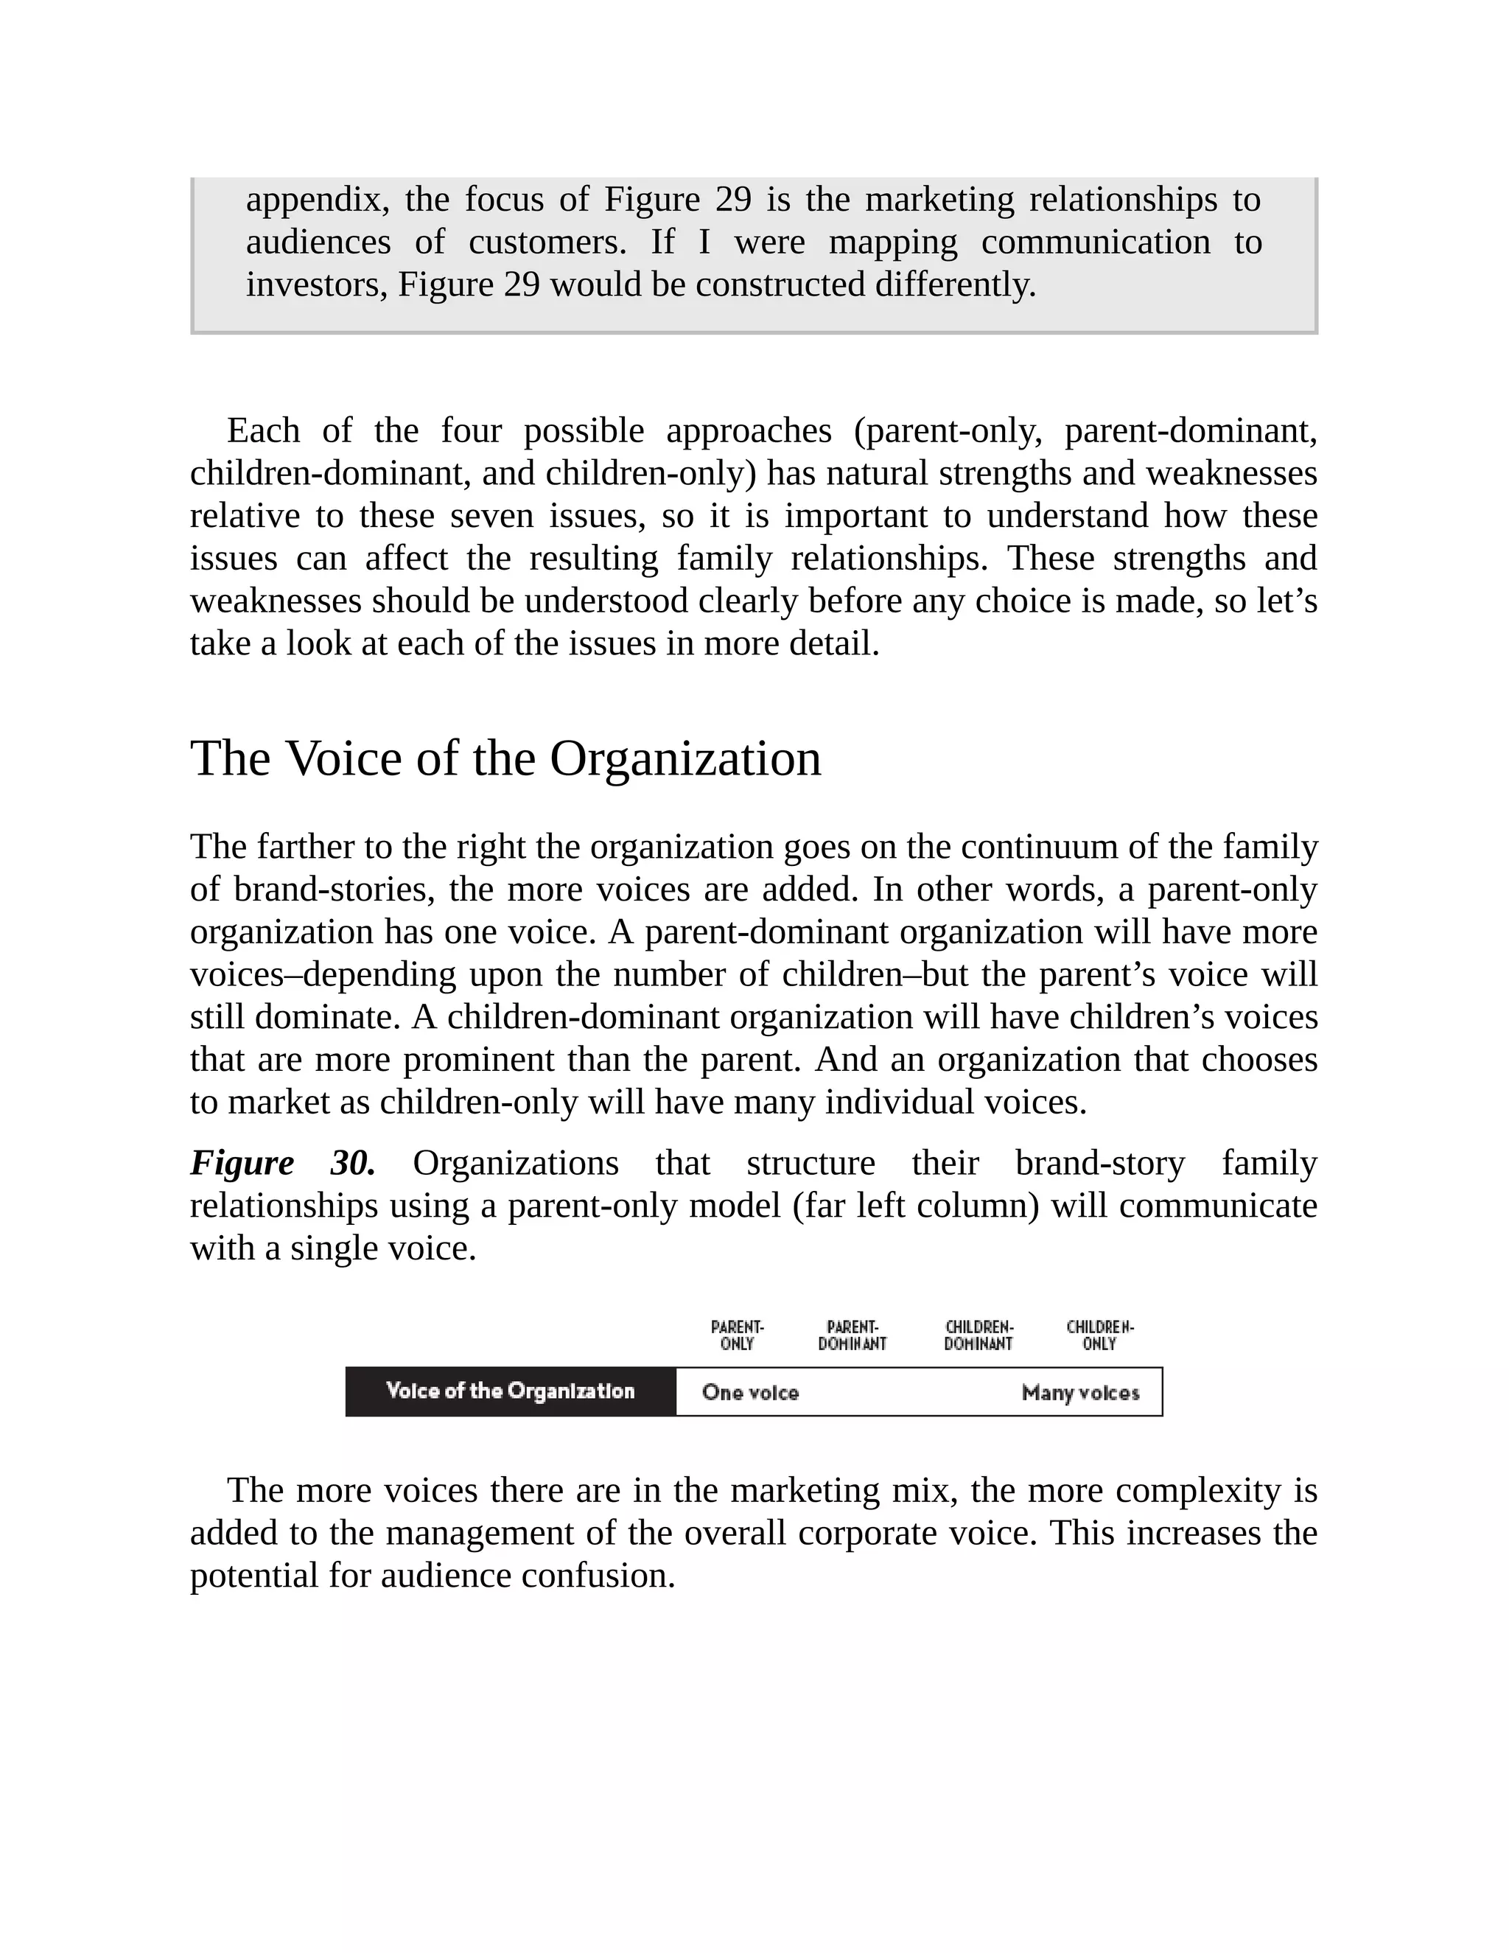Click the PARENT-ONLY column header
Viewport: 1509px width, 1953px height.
click(x=738, y=1335)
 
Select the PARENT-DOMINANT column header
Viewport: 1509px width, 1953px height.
click(x=852, y=1335)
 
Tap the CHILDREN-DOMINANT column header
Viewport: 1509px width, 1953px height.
click(x=979, y=1335)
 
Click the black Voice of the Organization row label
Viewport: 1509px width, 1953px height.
click(x=511, y=1391)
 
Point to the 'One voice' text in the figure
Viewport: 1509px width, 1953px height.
click(x=750, y=1392)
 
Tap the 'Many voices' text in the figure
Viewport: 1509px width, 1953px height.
click(x=1080, y=1392)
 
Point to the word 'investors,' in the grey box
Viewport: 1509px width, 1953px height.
click(x=316, y=284)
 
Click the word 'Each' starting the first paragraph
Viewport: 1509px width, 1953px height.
click(x=264, y=431)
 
